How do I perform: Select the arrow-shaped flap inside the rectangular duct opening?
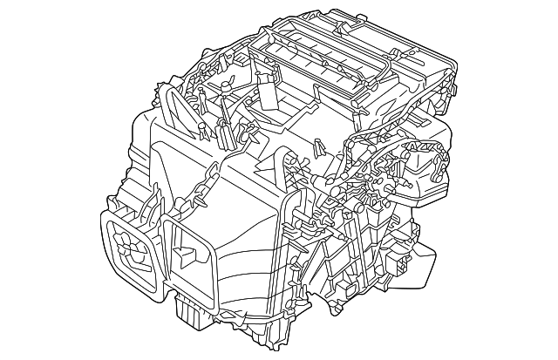pos(185,255)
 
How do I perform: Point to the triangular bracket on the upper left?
pos(176,109)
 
